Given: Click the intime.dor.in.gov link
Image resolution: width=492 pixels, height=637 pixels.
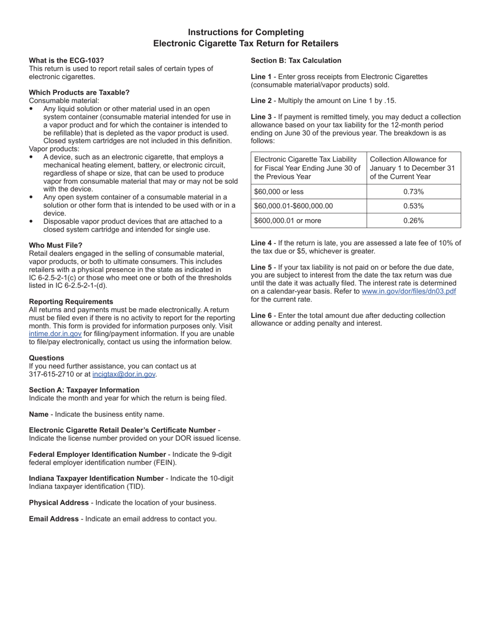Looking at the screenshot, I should (55, 334).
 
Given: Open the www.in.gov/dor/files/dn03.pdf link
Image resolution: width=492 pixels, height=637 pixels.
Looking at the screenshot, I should (409, 291).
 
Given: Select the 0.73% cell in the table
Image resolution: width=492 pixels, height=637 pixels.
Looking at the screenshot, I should (413, 192).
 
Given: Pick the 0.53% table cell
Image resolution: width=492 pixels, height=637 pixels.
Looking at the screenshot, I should (413, 206).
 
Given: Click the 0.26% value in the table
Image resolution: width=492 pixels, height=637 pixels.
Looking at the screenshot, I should (413, 221).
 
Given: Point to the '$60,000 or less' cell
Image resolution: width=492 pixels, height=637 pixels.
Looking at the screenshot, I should (279, 192).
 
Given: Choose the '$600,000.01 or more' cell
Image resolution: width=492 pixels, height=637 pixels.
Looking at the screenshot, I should (287, 221).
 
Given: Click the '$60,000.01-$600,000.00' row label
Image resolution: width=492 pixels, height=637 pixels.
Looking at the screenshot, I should (293, 206).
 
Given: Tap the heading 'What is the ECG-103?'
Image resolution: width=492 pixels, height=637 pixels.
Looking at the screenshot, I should (66, 61).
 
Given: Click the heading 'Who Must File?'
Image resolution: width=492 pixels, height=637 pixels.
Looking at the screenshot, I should (55, 245).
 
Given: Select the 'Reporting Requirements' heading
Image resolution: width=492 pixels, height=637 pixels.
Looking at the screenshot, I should (71, 302).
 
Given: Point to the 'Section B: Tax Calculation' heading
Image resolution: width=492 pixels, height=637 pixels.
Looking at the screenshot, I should (296, 61).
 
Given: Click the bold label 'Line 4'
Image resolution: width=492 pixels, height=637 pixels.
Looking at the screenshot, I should (261, 243).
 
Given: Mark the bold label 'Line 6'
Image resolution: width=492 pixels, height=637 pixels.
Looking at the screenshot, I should (261, 315).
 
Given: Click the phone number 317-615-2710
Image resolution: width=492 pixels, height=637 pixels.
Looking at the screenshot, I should (50, 374).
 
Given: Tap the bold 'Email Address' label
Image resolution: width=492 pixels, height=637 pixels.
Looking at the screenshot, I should (54, 519).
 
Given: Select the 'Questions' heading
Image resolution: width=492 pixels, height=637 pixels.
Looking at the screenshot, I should (47, 358).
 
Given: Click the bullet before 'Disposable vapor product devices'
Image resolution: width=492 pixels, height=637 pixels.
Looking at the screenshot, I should (31, 222).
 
